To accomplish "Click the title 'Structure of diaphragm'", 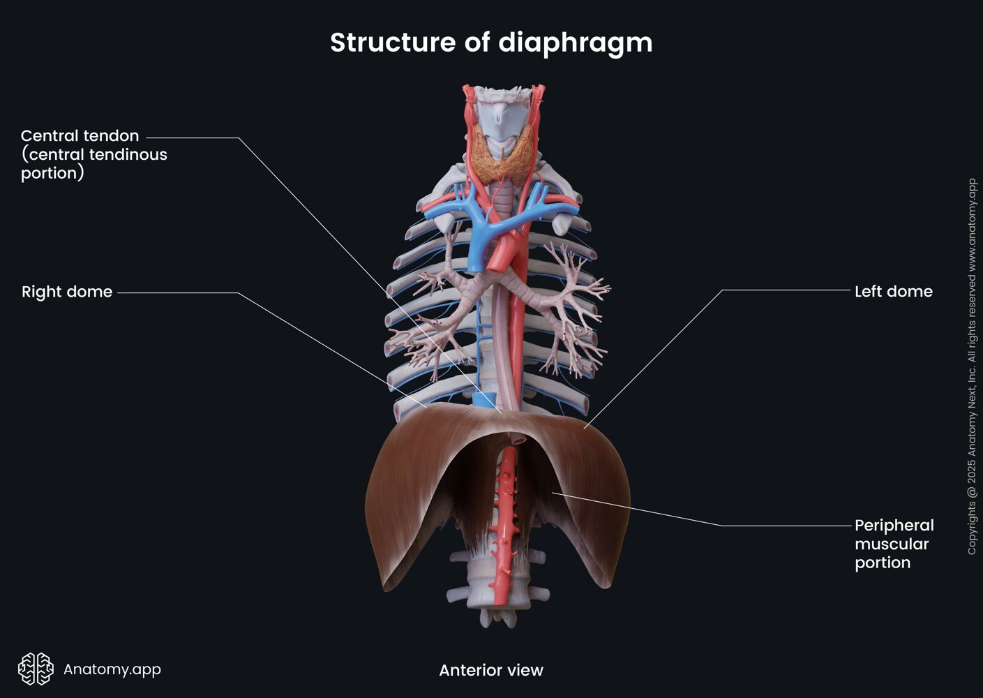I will coord(491,43).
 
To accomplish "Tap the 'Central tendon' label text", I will coord(80,136).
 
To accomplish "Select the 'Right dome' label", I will coord(67,292).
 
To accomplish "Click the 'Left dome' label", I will coord(893,292).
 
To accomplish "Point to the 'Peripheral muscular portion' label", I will coord(893,544).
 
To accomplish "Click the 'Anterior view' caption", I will coord(490,670).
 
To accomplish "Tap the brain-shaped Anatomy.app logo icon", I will coord(36,669).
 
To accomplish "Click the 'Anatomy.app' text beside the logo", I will coord(112,669).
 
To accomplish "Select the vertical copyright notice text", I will coord(972,366).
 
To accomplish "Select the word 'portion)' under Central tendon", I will coord(52,173).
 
